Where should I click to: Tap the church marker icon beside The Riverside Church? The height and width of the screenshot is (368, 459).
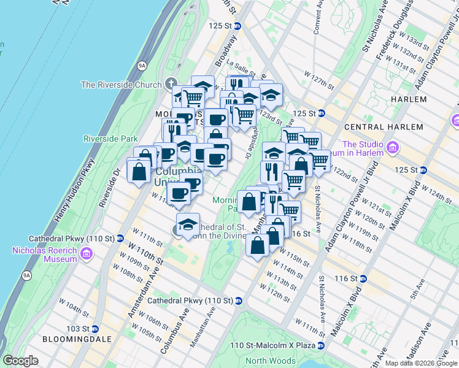[170, 85]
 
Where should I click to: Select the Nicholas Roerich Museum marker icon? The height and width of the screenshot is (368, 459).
[86, 254]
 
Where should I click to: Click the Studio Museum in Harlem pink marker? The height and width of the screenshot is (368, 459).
[393, 148]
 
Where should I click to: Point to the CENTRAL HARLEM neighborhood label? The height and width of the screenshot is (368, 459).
[384, 127]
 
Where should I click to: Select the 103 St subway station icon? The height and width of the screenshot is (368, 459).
[94, 329]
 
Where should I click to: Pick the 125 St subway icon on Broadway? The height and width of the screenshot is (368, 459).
[237, 26]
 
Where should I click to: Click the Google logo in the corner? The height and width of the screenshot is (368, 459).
[20, 361]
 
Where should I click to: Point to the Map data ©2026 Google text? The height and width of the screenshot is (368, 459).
[421, 363]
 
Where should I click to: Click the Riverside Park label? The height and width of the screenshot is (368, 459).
[110, 139]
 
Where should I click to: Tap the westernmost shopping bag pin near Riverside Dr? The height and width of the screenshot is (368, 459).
[139, 171]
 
